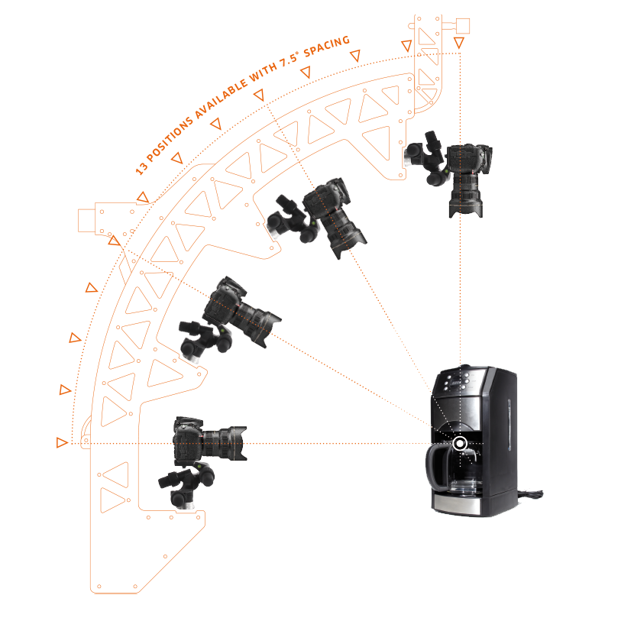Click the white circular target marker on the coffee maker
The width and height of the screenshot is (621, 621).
click(460, 443)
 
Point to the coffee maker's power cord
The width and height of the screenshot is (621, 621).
click(530, 496)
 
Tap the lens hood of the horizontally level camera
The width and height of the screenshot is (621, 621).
click(238, 441)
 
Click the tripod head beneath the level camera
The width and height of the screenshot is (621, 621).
click(180, 486)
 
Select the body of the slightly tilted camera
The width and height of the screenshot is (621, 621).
click(221, 302)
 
